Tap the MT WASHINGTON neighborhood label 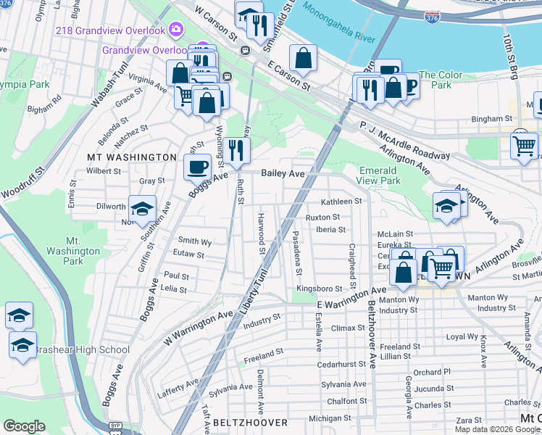(132, 157)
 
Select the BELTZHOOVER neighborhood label (250, 422)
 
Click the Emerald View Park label (380, 175)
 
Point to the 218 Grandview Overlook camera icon (175, 30)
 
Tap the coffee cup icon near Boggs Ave (197, 168)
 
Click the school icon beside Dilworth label (142, 209)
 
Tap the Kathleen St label (340, 202)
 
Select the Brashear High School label (80, 350)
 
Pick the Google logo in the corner (23, 426)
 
